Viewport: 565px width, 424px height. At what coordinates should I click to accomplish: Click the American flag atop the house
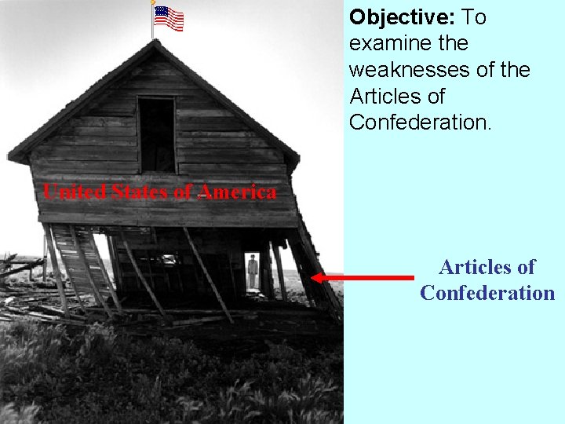point(169,18)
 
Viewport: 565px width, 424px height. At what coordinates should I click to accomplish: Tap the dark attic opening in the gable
point(157,134)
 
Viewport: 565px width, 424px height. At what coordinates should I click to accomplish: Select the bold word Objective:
point(402,16)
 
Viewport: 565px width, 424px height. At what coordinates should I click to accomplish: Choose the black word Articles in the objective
point(385,97)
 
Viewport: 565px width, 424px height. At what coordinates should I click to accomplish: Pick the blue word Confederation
point(487,293)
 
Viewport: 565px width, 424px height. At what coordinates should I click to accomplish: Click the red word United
point(75,192)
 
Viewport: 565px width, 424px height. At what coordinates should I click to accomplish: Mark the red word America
point(237,192)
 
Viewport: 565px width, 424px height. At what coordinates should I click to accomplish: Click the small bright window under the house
point(169,260)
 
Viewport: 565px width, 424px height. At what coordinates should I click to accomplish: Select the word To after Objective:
point(475,16)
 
